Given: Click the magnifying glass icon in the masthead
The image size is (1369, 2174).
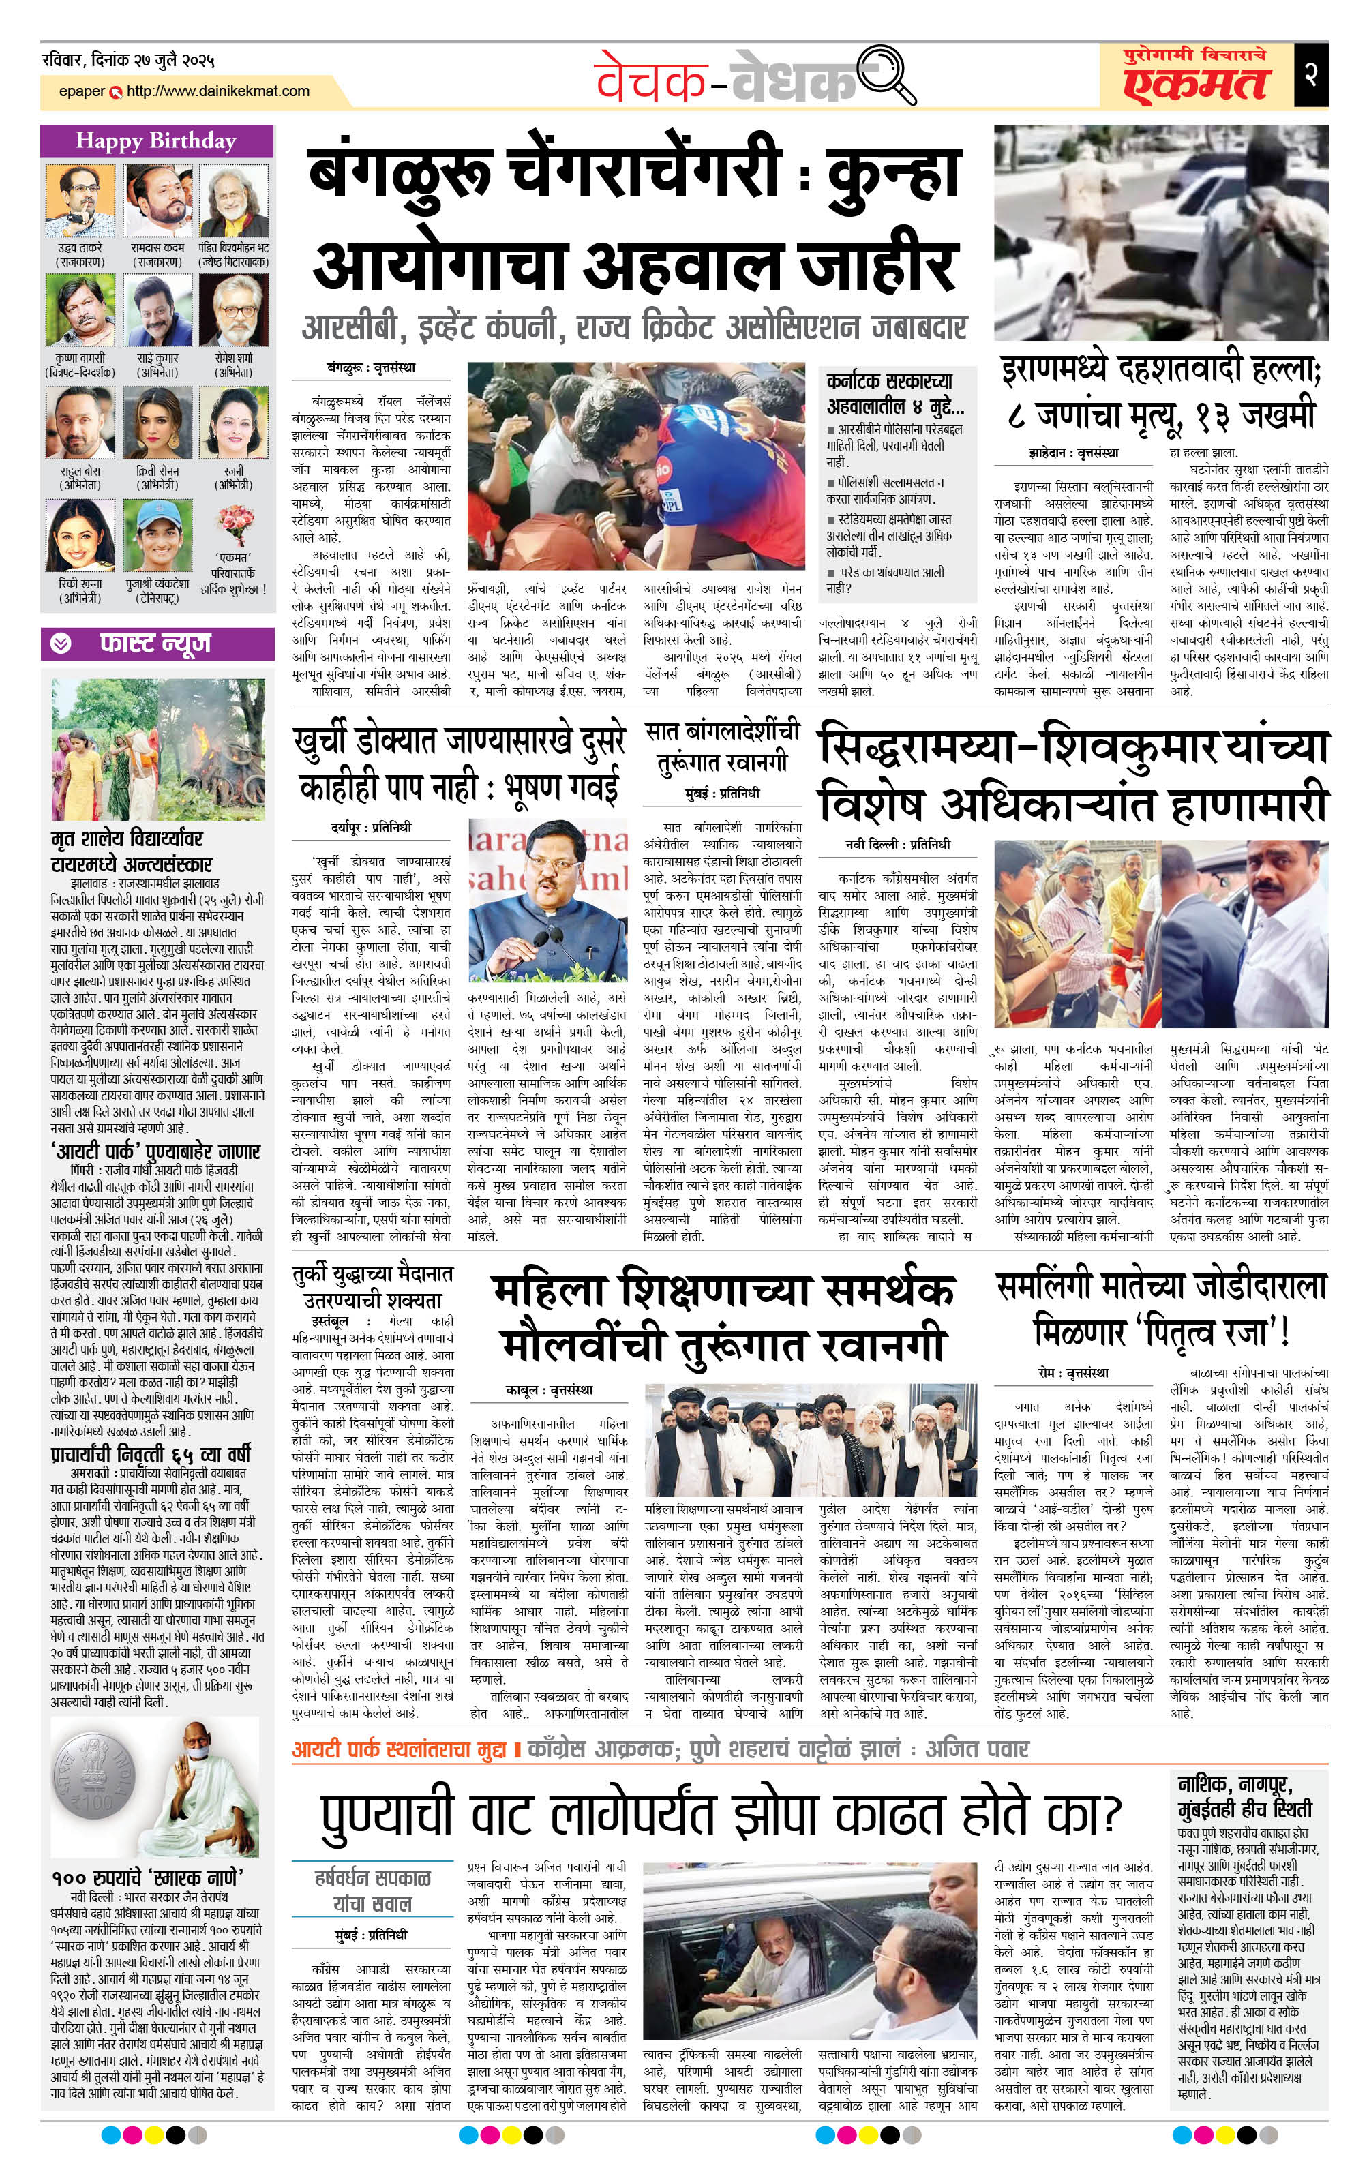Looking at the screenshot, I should coord(885,73).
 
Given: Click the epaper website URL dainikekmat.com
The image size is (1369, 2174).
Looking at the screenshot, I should coord(217,91).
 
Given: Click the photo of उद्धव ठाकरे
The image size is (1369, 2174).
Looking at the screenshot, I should coord(80,200).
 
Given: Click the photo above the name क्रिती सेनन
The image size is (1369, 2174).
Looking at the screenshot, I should coord(158,423).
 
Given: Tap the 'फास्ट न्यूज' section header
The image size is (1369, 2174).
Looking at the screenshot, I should coord(154,643).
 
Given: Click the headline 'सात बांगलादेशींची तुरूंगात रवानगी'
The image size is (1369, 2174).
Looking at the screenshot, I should coord(723,746).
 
